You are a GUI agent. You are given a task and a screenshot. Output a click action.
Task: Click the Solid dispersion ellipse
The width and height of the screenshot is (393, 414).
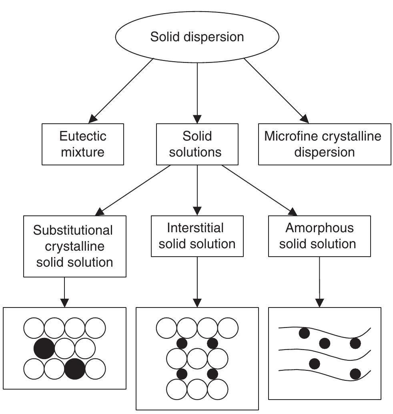pyautogui.click(x=197, y=37)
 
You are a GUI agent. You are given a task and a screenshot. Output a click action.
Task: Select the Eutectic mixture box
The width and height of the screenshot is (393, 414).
pyautogui.click(x=83, y=144)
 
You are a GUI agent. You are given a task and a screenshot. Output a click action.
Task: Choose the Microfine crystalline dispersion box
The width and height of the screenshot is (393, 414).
pyautogui.click(x=324, y=144)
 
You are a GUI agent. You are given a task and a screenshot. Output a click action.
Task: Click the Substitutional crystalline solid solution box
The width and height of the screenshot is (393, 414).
pyautogui.click(x=75, y=246)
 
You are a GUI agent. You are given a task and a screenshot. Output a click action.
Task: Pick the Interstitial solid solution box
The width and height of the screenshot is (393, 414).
pyautogui.click(x=197, y=236)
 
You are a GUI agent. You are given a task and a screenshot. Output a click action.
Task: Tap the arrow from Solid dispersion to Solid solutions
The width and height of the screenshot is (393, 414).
pyautogui.click(x=197, y=92)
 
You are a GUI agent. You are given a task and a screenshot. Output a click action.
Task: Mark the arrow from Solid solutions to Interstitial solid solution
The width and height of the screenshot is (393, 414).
pyautogui.click(x=197, y=190)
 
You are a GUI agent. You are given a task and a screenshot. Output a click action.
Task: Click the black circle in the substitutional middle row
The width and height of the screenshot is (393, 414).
pyautogui.click(x=44, y=348)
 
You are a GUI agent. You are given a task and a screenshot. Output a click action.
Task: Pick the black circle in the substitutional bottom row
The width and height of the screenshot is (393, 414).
pyautogui.click(x=75, y=369)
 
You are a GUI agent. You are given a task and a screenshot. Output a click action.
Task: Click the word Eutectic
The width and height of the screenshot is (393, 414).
pyautogui.click(x=83, y=136)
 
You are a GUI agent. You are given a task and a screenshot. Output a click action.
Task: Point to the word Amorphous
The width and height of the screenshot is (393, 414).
pyautogui.click(x=319, y=228)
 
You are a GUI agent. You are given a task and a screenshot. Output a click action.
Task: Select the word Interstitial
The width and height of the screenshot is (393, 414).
pyautogui.click(x=195, y=228)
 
